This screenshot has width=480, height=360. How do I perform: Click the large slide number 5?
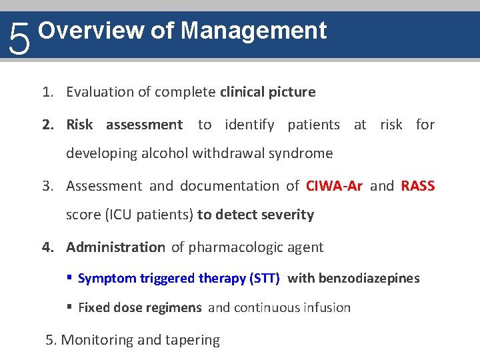click(x=20, y=39)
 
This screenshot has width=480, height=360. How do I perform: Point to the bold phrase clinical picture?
click(x=267, y=92)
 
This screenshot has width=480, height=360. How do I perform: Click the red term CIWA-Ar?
click(x=334, y=186)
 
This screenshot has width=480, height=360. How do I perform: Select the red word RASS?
click(x=418, y=186)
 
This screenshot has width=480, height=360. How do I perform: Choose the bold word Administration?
click(x=115, y=247)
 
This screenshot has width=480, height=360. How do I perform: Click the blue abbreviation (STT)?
click(x=264, y=278)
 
